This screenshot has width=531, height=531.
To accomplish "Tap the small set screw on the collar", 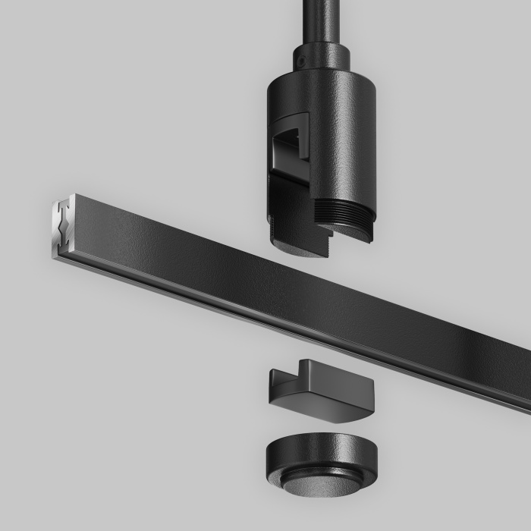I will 300,58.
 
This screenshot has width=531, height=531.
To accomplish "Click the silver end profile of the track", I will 61,228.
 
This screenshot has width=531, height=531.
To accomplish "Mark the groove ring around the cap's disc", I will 322,476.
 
